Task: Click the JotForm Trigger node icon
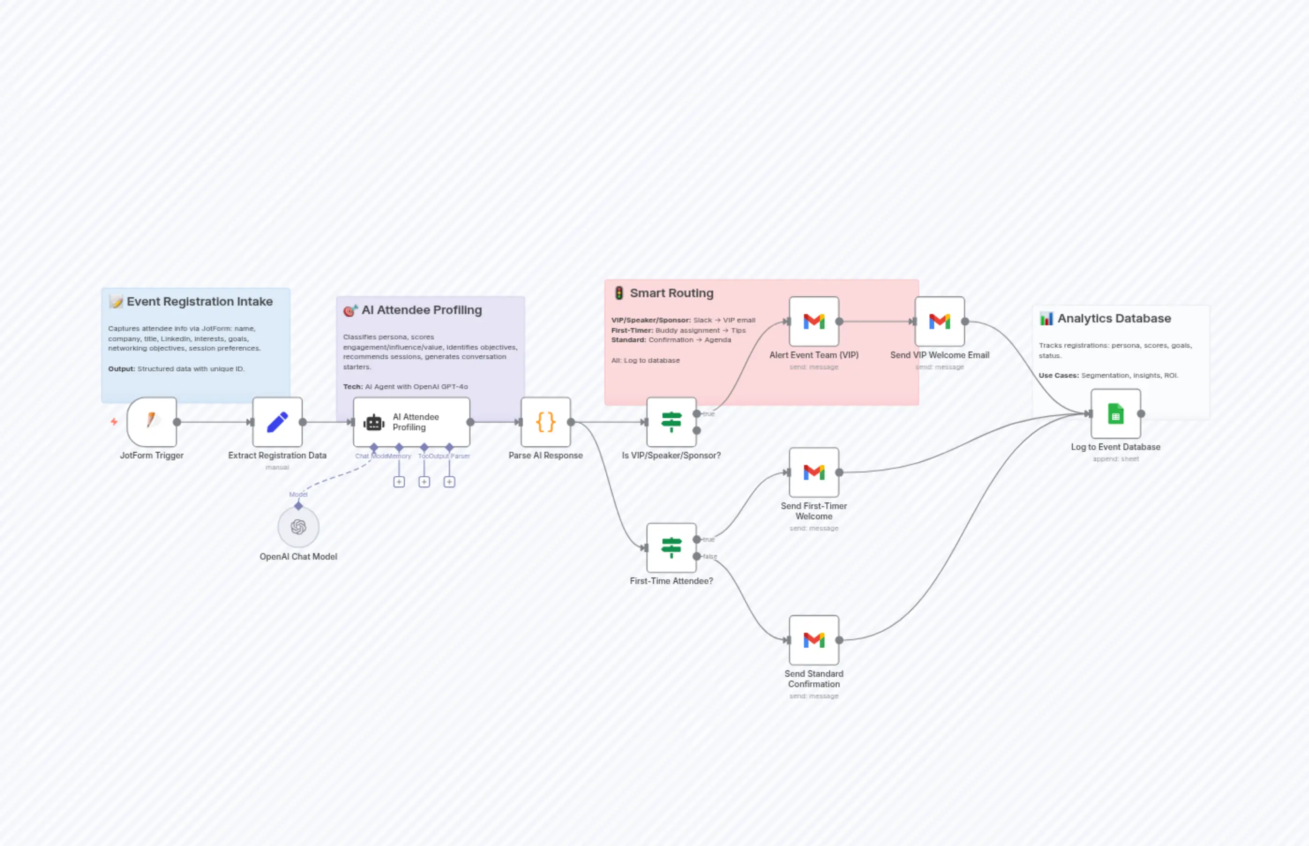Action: coord(151,421)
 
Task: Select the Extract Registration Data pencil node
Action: coord(277,421)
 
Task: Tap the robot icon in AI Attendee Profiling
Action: coord(374,422)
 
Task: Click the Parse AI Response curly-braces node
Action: coord(545,421)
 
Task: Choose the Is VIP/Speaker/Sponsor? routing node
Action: coord(671,421)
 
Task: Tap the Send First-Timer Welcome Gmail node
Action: coord(814,472)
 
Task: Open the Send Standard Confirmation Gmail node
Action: coord(814,639)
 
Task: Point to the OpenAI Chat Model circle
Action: coord(298,527)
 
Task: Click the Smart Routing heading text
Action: coord(671,293)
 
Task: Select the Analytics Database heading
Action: coord(1114,318)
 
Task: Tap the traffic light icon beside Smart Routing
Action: coord(619,293)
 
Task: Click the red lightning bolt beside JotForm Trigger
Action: coord(114,421)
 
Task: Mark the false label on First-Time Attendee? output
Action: coord(710,556)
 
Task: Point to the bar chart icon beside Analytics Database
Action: coord(1047,319)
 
